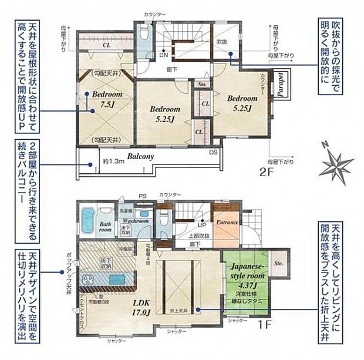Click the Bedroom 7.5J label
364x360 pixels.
[106, 100]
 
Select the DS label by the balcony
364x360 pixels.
[211, 152]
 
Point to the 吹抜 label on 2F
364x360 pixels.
[221, 42]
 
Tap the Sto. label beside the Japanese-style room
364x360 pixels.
[277, 264]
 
